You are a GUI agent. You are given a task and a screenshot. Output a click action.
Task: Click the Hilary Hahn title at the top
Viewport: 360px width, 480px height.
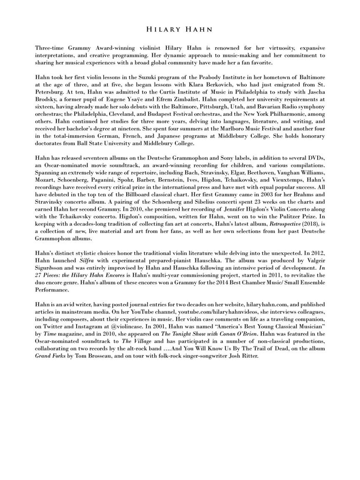coord(180,30)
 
